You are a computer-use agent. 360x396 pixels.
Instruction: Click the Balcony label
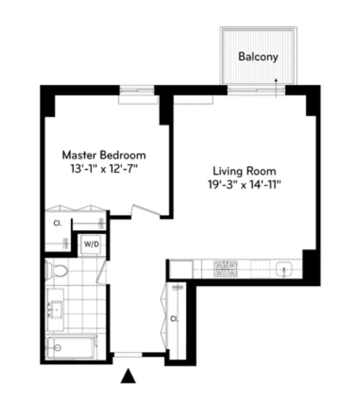(x=258, y=57)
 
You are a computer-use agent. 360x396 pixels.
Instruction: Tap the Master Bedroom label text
(x=104, y=155)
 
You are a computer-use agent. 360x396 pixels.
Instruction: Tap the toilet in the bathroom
(x=57, y=270)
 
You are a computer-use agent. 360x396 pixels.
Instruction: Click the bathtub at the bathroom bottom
(x=70, y=347)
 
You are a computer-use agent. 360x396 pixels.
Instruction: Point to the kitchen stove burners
(x=226, y=269)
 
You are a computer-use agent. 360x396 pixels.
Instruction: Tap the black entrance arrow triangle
(x=128, y=376)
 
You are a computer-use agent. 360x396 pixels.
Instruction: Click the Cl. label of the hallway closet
(x=174, y=318)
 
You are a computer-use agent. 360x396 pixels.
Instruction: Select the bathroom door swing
(x=102, y=273)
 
